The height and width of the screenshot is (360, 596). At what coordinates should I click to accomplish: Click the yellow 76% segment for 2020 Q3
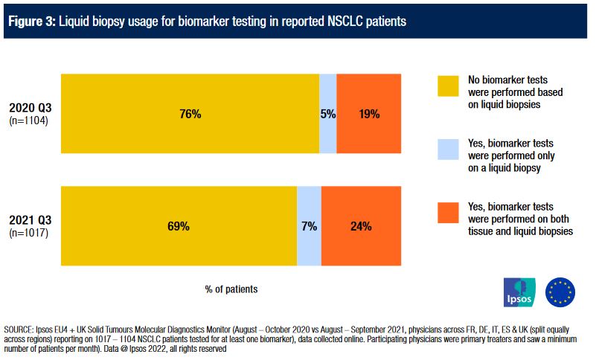pyautogui.click(x=190, y=114)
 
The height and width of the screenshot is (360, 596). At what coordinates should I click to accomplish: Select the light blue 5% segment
pyautogui.click(x=327, y=114)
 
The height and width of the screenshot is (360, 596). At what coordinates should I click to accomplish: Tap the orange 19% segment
pyautogui.click(x=369, y=114)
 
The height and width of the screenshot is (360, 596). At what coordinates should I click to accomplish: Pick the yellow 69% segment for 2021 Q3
pyautogui.click(x=179, y=226)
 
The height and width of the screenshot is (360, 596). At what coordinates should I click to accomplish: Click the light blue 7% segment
pyautogui.click(x=309, y=226)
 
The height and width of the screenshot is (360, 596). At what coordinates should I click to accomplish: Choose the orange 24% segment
pyautogui.click(x=362, y=226)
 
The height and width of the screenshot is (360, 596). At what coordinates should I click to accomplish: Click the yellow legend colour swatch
pyautogui.click(x=448, y=86)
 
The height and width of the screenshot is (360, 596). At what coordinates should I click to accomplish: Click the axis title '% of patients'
pyautogui.click(x=231, y=289)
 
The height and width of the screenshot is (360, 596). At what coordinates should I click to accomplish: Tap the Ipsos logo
pyautogui.click(x=519, y=292)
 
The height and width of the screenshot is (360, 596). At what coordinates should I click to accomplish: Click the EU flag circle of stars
pyautogui.click(x=560, y=292)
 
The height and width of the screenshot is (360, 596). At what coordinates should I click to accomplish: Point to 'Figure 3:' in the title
pyautogui.click(x=31, y=21)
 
